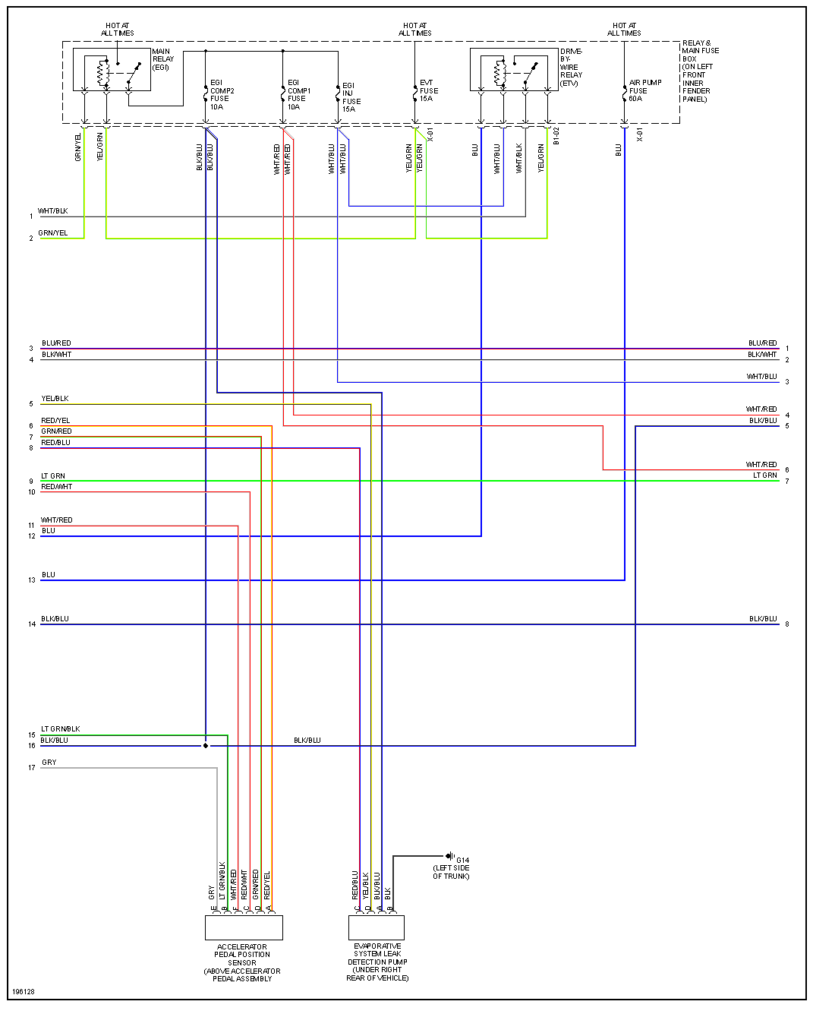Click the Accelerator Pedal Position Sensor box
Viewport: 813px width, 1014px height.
pos(244,927)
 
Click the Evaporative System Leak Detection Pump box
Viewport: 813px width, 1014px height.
pos(377,927)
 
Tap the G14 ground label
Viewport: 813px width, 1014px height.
pos(462,861)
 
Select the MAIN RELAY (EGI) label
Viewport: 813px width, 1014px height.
pos(162,59)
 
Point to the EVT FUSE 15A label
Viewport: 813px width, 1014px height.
pos(429,90)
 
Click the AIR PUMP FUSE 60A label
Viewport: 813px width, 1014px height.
pos(644,90)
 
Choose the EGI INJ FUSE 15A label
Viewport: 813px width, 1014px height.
pos(351,97)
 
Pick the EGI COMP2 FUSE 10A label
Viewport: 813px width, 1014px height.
pos(222,95)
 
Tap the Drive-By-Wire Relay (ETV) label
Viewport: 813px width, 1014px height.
pos(571,68)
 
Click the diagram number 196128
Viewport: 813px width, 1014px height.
pos(24,992)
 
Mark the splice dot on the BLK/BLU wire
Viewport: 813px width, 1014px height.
pos(206,746)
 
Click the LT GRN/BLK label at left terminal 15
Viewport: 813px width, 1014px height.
pos(61,729)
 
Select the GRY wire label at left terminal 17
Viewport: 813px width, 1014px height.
pos(49,763)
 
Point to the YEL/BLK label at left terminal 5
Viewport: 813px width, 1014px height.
pos(55,399)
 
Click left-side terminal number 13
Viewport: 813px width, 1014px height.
pos(32,580)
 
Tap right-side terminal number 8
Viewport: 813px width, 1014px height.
pos(787,624)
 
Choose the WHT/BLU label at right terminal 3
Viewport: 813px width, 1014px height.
pos(761,377)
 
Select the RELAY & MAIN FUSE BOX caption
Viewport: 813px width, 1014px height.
pos(699,71)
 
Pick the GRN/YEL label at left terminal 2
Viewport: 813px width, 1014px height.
pos(53,233)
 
